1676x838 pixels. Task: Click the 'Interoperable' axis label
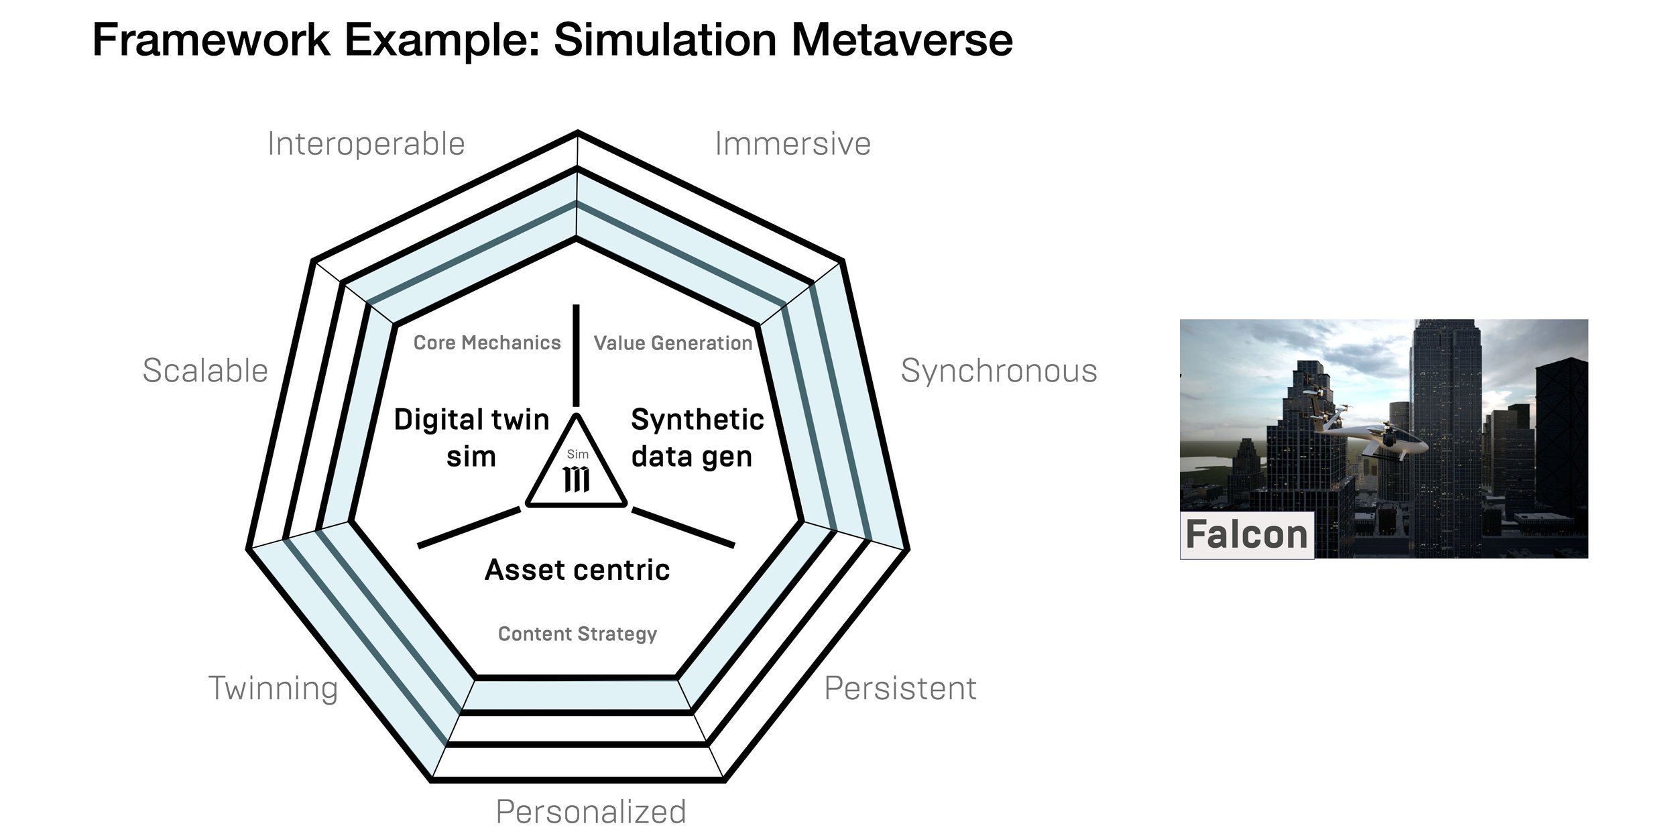pyautogui.click(x=366, y=144)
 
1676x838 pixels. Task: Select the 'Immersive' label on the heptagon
pyautogui.click(x=792, y=144)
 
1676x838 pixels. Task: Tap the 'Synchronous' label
pyautogui.click(x=998, y=371)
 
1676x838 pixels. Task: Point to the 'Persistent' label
pyautogui.click(x=900, y=689)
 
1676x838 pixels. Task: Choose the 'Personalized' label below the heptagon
pyautogui.click(x=591, y=812)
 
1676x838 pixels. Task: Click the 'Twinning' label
pyautogui.click(x=273, y=689)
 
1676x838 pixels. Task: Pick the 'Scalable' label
pyautogui.click(x=205, y=371)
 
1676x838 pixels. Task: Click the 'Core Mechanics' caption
pyautogui.click(x=487, y=343)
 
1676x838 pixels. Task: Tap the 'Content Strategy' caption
pyautogui.click(x=577, y=634)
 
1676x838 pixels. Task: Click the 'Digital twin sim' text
pyautogui.click(x=471, y=438)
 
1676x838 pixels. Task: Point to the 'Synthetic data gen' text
pyautogui.click(x=697, y=438)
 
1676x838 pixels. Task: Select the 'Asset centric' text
pyautogui.click(x=577, y=570)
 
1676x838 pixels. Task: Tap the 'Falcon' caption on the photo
pyautogui.click(x=1246, y=535)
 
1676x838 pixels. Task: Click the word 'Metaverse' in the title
pyautogui.click(x=902, y=40)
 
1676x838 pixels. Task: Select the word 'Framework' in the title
pyautogui.click(x=211, y=40)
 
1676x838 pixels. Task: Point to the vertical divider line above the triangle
pyautogui.click(x=576, y=355)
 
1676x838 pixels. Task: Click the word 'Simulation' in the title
pyautogui.click(x=665, y=40)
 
